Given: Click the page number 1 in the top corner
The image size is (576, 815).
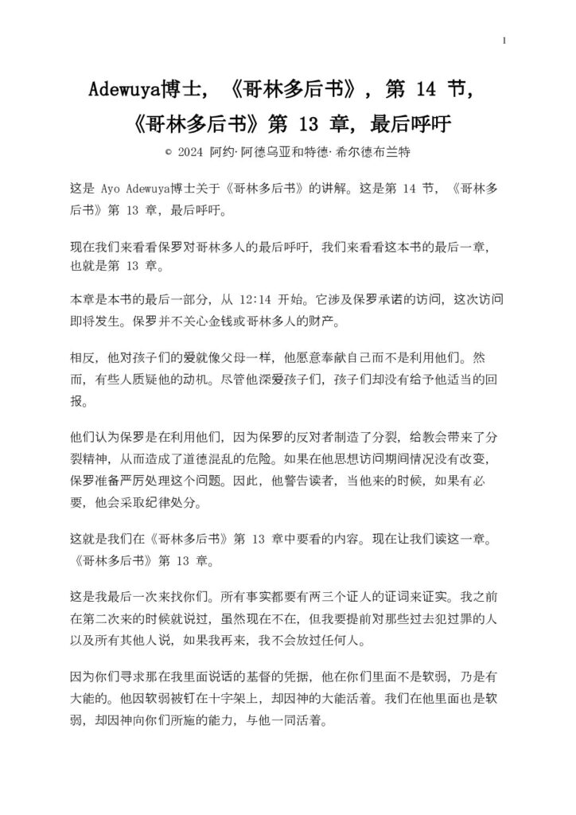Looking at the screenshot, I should point(504,39).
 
